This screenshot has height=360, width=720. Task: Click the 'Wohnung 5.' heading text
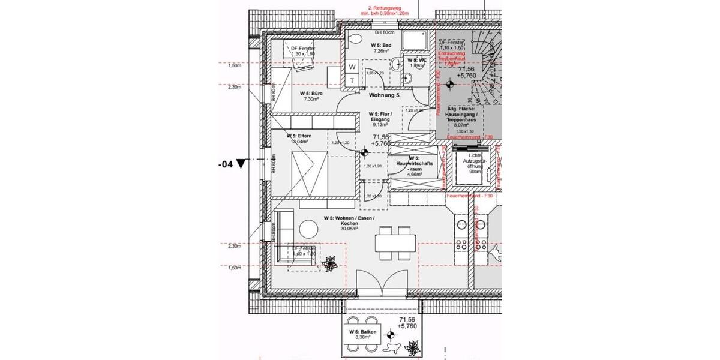point(385,95)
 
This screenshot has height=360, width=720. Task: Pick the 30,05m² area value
point(349,229)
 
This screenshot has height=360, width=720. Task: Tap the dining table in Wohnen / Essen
point(395,243)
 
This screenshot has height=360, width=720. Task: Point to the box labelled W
point(353,66)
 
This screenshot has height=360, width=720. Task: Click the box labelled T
point(353,80)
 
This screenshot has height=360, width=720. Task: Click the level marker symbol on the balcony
point(391,332)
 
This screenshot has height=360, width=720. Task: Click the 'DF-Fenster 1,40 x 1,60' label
point(303,251)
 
